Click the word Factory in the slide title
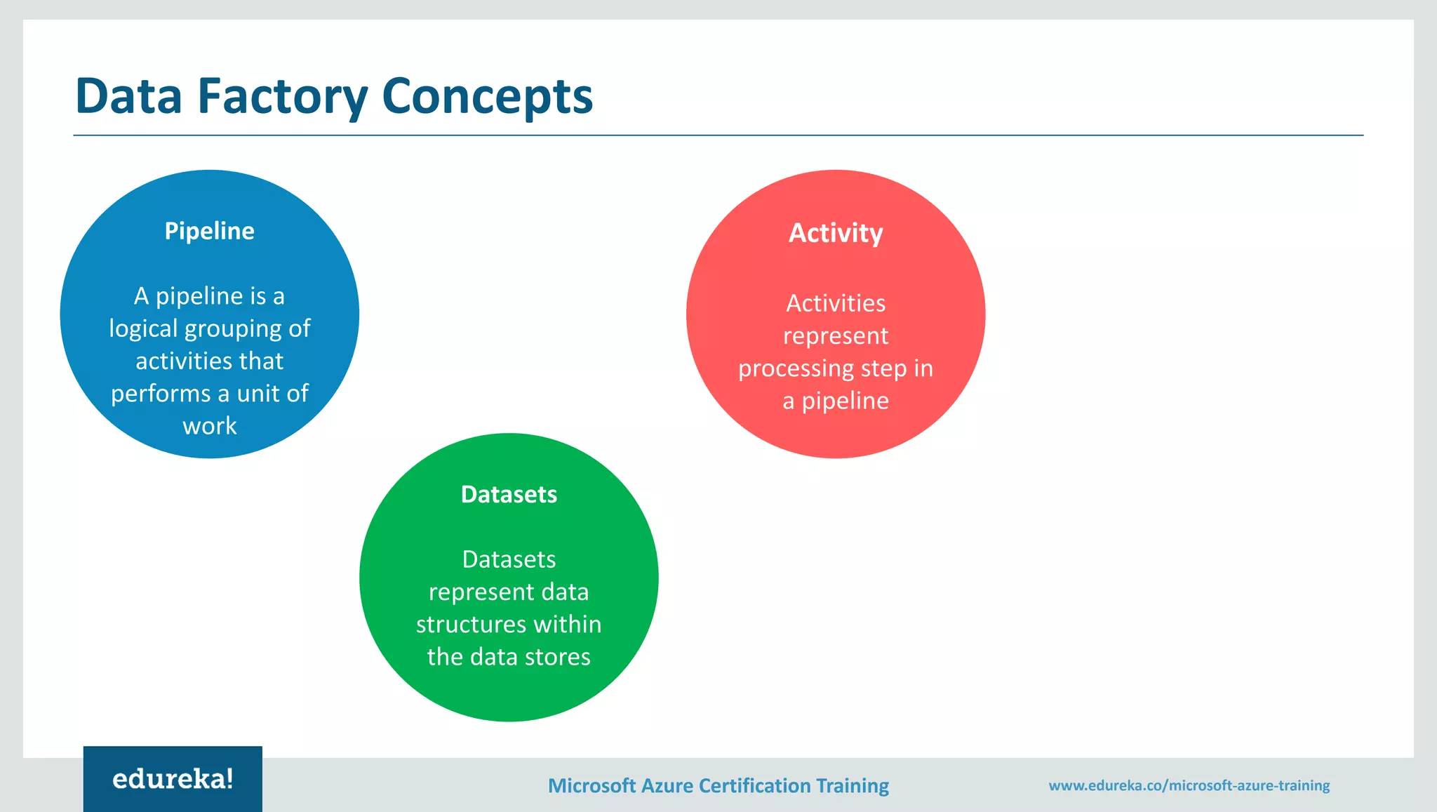[x=282, y=96]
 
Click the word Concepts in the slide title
[x=488, y=96]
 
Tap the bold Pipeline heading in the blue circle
[x=209, y=231]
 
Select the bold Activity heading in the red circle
[x=835, y=233]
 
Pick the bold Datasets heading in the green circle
[x=509, y=495]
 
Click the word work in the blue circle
[x=209, y=426]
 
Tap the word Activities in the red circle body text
[x=835, y=303]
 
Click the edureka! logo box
[x=173, y=779]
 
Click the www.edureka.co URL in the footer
[x=1189, y=785]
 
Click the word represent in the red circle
[x=835, y=336]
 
